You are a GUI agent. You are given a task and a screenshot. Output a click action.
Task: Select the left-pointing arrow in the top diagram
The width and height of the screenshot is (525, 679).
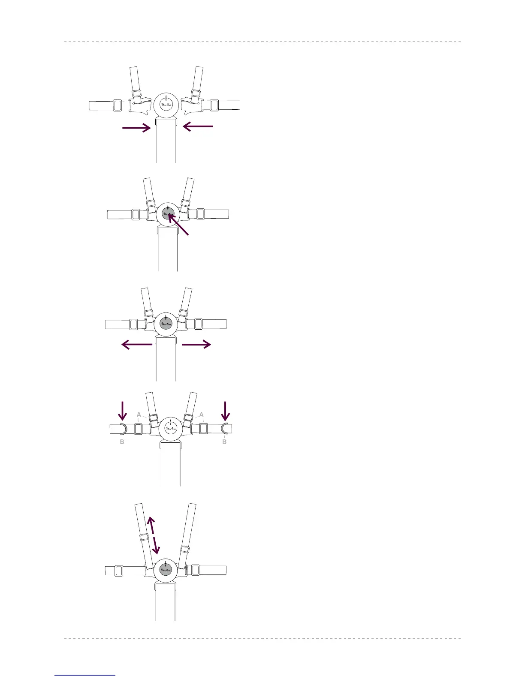click(x=198, y=126)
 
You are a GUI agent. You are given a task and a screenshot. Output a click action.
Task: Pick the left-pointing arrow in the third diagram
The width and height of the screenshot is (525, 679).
click(x=137, y=344)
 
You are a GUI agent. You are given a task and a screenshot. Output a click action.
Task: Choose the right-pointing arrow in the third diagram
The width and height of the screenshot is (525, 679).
click(x=196, y=344)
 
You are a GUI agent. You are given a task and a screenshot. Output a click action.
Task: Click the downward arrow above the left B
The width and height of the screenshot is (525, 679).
click(x=123, y=410)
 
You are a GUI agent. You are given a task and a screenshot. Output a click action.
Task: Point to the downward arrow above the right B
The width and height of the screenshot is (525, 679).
click(x=226, y=410)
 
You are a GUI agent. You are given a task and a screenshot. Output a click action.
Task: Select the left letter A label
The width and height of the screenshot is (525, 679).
click(x=139, y=415)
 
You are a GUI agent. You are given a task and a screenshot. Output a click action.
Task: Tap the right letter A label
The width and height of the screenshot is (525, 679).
click(x=201, y=415)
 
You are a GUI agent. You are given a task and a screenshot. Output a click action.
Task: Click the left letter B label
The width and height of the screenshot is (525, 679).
click(x=122, y=442)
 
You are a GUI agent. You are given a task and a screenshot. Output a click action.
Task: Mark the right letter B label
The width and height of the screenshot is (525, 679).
click(x=224, y=442)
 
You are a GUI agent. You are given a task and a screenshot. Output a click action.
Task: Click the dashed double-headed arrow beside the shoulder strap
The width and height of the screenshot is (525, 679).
click(x=153, y=535)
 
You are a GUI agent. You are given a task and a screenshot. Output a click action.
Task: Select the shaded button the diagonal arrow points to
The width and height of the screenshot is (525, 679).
click(x=168, y=213)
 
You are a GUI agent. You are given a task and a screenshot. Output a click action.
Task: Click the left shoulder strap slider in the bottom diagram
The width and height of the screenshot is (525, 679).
click(x=144, y=538)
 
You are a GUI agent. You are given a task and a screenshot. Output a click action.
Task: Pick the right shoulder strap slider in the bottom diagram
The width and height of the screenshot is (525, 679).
click(x=184, y=549)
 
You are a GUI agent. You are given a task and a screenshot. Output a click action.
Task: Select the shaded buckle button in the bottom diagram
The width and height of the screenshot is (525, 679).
click(x=166, y=570)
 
